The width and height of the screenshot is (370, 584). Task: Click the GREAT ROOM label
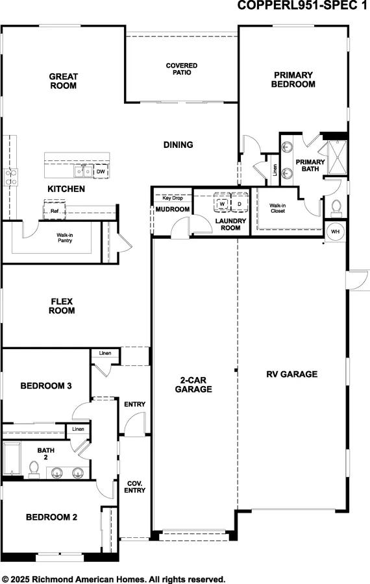(63, 80)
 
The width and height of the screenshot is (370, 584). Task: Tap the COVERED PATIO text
(181, 69)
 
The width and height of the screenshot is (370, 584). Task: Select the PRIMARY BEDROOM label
(293, 79)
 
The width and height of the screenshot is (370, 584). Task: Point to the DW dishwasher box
(101, 172)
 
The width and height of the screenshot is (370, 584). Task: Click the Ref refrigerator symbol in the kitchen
(55, 210)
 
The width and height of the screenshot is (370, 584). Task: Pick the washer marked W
(222, 204)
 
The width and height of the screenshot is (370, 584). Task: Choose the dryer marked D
(239, 204)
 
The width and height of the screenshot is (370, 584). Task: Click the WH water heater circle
(335, 232)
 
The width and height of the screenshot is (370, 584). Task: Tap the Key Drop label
(172, 197)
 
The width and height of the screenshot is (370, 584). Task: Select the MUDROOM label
(172, 210)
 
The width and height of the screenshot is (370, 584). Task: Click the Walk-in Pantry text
(64, 237)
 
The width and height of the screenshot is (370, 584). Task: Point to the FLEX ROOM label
(63, 306)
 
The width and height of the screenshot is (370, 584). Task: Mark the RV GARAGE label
(291, 374)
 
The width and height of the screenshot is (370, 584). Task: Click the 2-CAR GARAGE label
(193, 385)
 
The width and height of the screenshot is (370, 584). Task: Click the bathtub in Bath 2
(12, 459)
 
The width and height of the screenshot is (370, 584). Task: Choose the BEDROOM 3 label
(45, 386)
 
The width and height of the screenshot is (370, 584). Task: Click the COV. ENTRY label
(135, 486)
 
